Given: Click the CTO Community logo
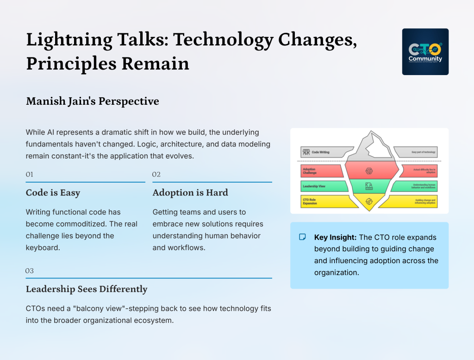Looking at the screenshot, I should pos(425,51).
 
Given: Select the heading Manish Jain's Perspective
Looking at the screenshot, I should pos(92,101).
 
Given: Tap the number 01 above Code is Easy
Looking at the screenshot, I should pos(30,175).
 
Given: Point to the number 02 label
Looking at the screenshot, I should pos(156,175).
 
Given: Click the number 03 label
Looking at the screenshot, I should pos(30,271).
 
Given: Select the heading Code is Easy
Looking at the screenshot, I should pos(53,193).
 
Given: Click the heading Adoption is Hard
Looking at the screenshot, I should pos(190,193).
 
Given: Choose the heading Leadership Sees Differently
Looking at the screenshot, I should pos(87,289).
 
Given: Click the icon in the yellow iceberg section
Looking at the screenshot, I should pos(369,201).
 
